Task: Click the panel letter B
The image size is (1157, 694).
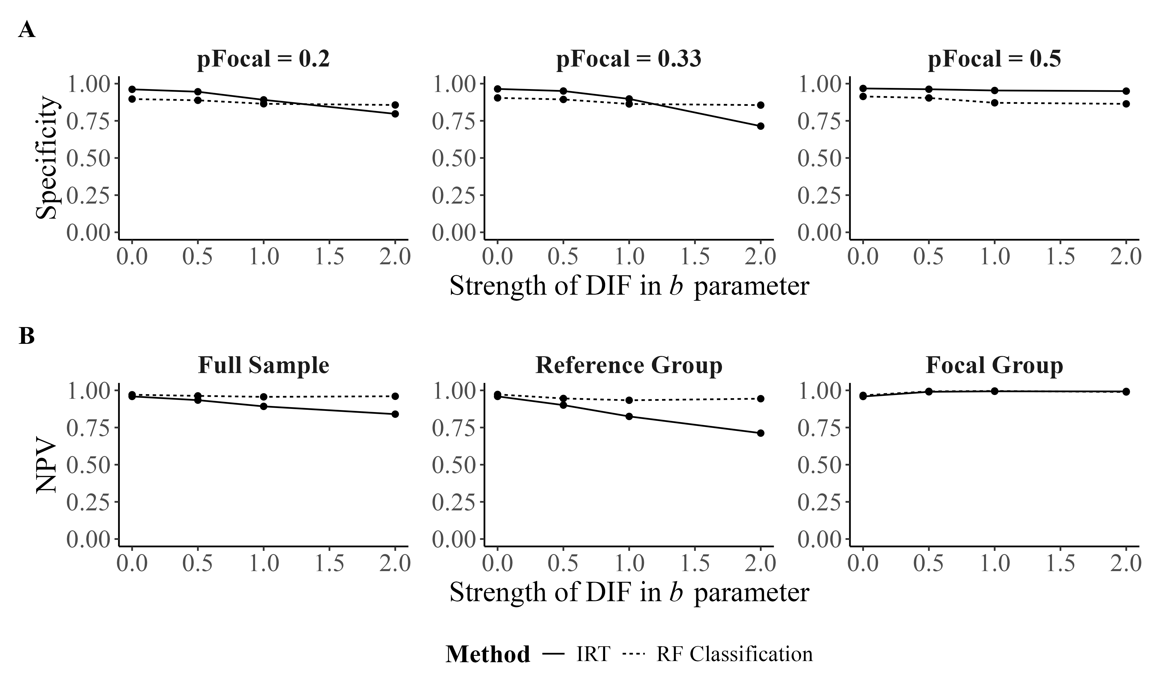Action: pos(27,336)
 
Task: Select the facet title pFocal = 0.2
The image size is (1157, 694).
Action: pos(263,59)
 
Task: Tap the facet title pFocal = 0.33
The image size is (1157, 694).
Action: pos(629,59)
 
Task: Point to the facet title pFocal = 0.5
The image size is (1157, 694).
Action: pos(994,59)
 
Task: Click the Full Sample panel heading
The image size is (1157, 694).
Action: pos(263,365)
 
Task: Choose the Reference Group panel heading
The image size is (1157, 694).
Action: pos(629,365)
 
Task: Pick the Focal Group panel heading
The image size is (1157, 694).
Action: pos(994,365)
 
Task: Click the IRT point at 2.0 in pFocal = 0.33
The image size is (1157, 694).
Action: pos(760,126)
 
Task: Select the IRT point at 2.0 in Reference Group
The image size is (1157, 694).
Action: pos(760,433)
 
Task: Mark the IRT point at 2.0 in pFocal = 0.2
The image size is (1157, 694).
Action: pos(395,114)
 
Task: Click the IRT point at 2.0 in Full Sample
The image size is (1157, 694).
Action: pos(395,414)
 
